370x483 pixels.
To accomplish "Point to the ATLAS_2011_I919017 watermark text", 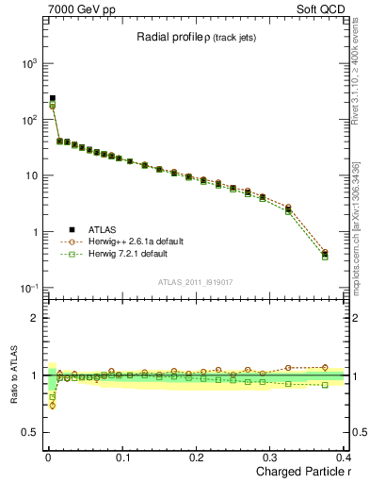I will pyautogui.click(x=195, y=281).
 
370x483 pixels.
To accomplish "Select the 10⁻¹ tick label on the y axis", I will pyautogui.click(x=28, y=288).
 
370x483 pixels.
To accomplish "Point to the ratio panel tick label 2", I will pyautogui.click(x=36, y=318).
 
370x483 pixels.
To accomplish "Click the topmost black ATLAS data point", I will pyautogui.click(x=53, y=98).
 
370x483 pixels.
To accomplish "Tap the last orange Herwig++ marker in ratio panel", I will pyautogui.click(x=325, y=367).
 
